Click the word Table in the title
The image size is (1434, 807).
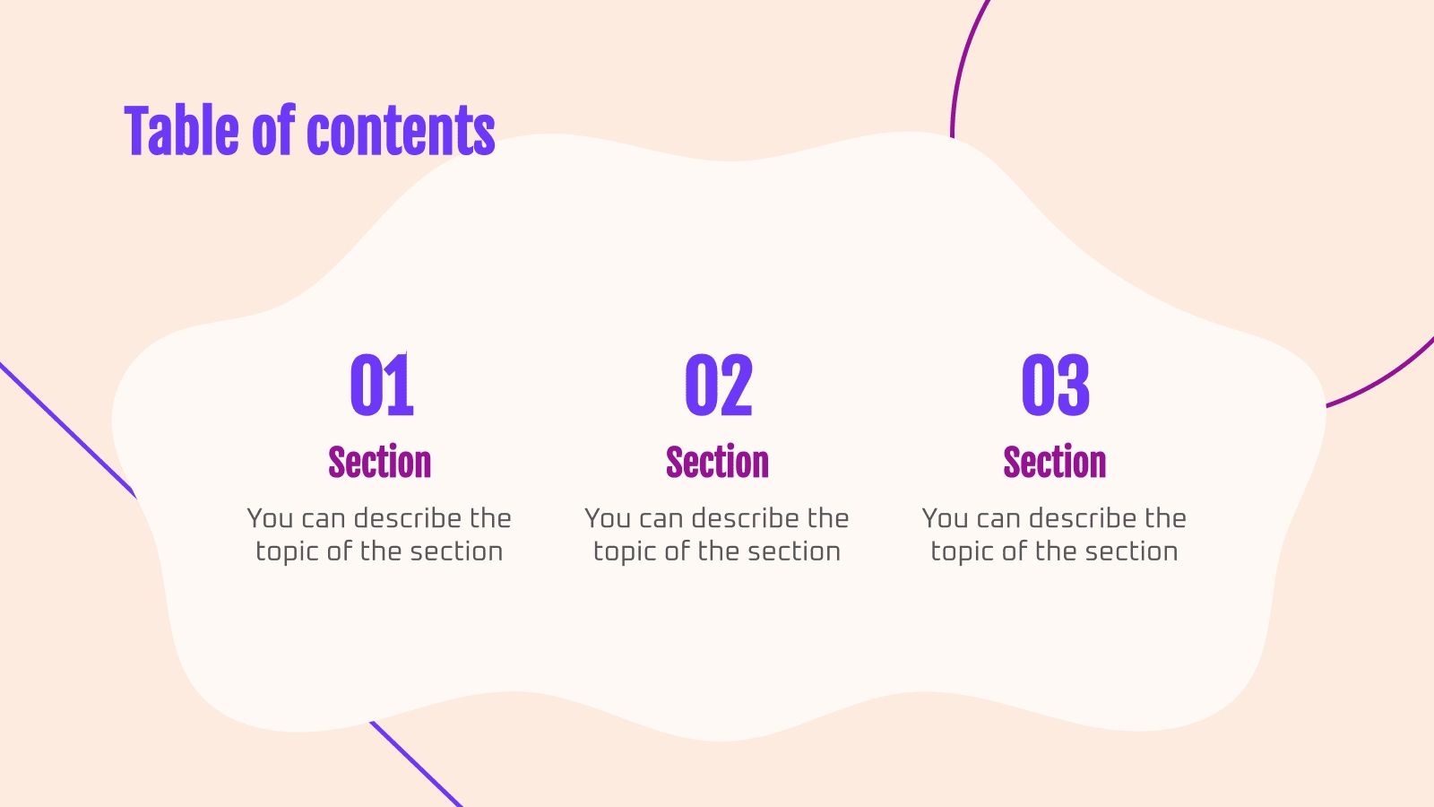(183, 131)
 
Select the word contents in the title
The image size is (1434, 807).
(401, 133)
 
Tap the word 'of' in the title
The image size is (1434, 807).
(272, 131)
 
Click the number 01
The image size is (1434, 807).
(381, 386)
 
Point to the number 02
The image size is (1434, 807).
(718, 386)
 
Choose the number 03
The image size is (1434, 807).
(1055, 386)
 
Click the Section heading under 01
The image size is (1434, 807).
(380, 463)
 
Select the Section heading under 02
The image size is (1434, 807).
(717, 463)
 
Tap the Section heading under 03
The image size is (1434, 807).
(1055, 463)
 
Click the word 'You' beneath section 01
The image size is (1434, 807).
(270, 518)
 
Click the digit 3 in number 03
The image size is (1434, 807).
(1073, 386)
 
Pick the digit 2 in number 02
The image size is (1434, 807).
(736, 386)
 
